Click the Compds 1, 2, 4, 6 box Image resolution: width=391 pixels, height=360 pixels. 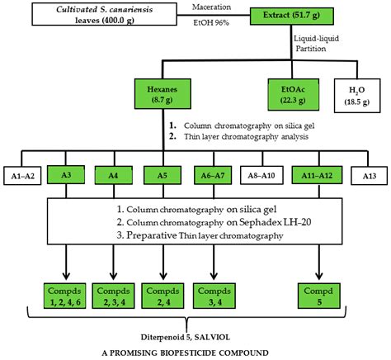click(x=64, y=296)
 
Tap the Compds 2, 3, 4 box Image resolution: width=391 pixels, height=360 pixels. click(x=112, y=296)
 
